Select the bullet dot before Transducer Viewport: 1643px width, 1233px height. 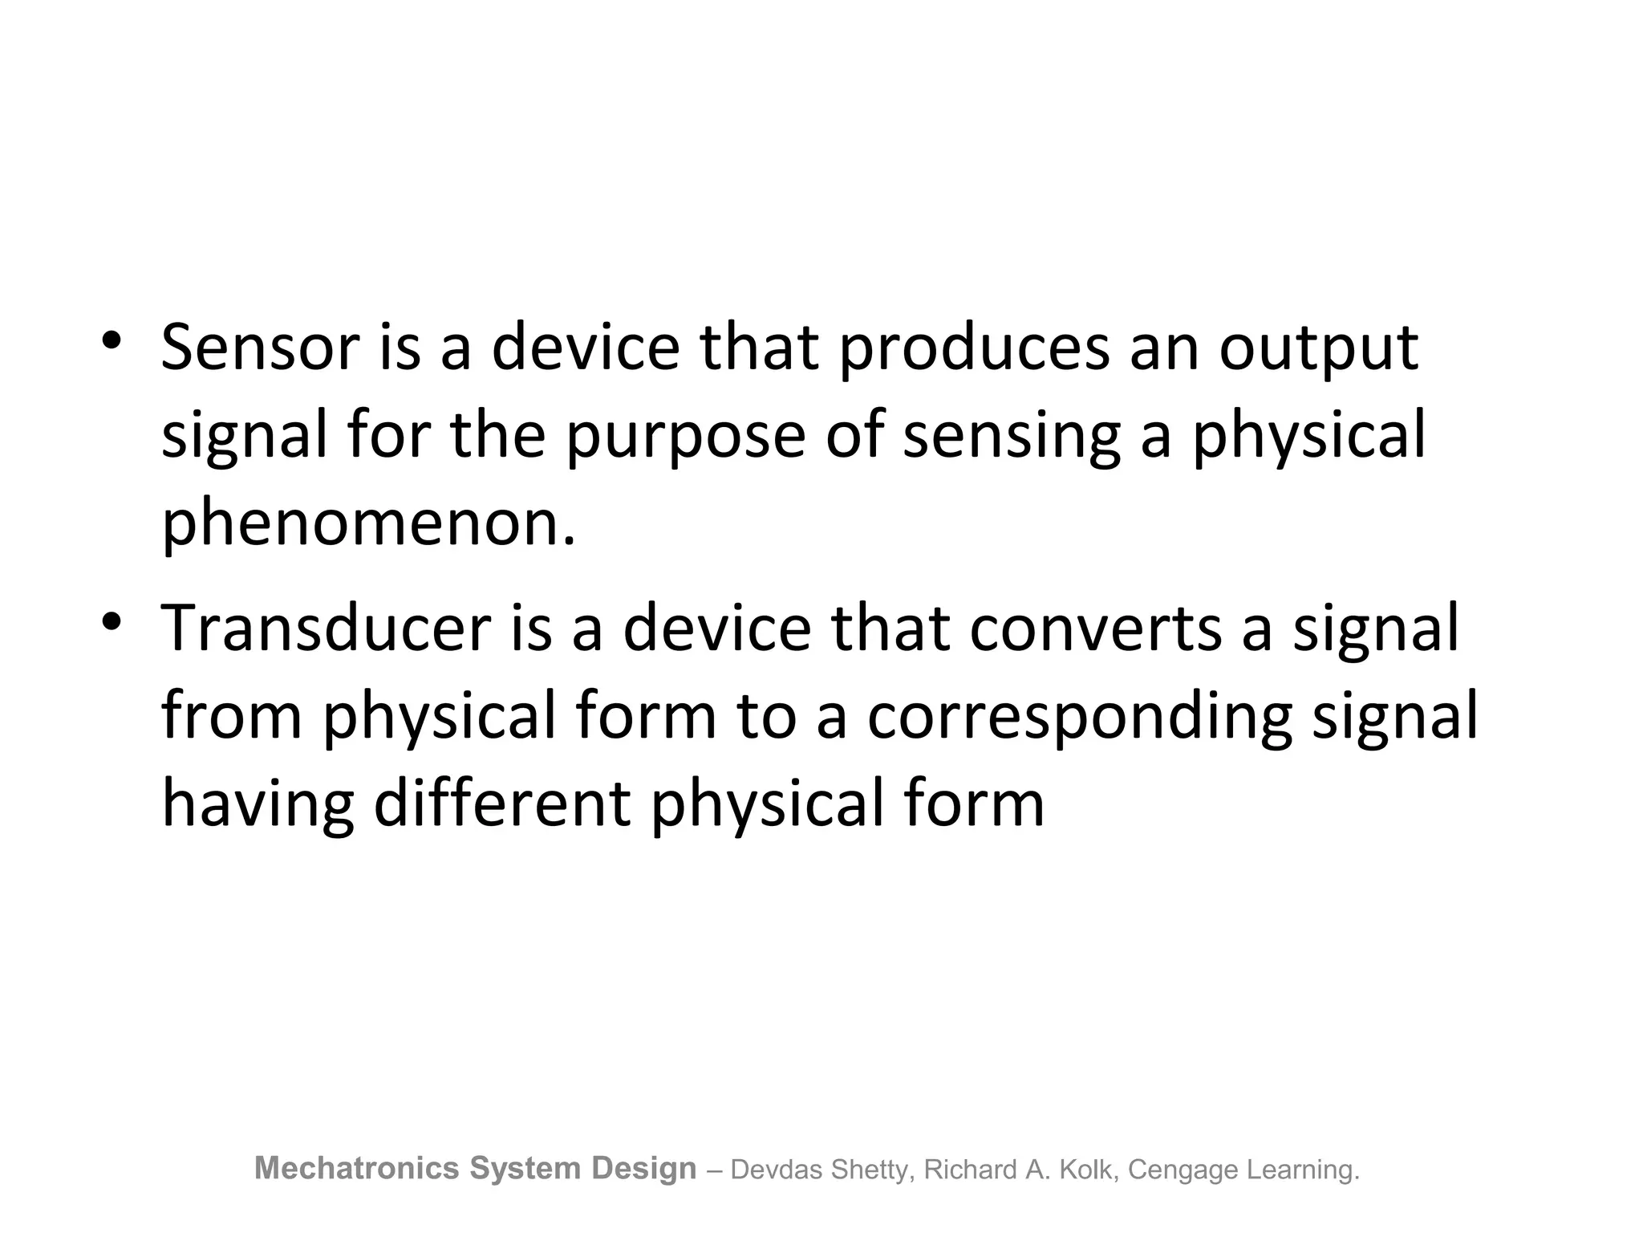[x=112, y=621]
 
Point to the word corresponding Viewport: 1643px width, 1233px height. [x=1079, y=718]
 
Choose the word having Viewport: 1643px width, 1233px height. [x=258, y=806]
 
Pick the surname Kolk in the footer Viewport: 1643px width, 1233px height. [x=1086, y=1170]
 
